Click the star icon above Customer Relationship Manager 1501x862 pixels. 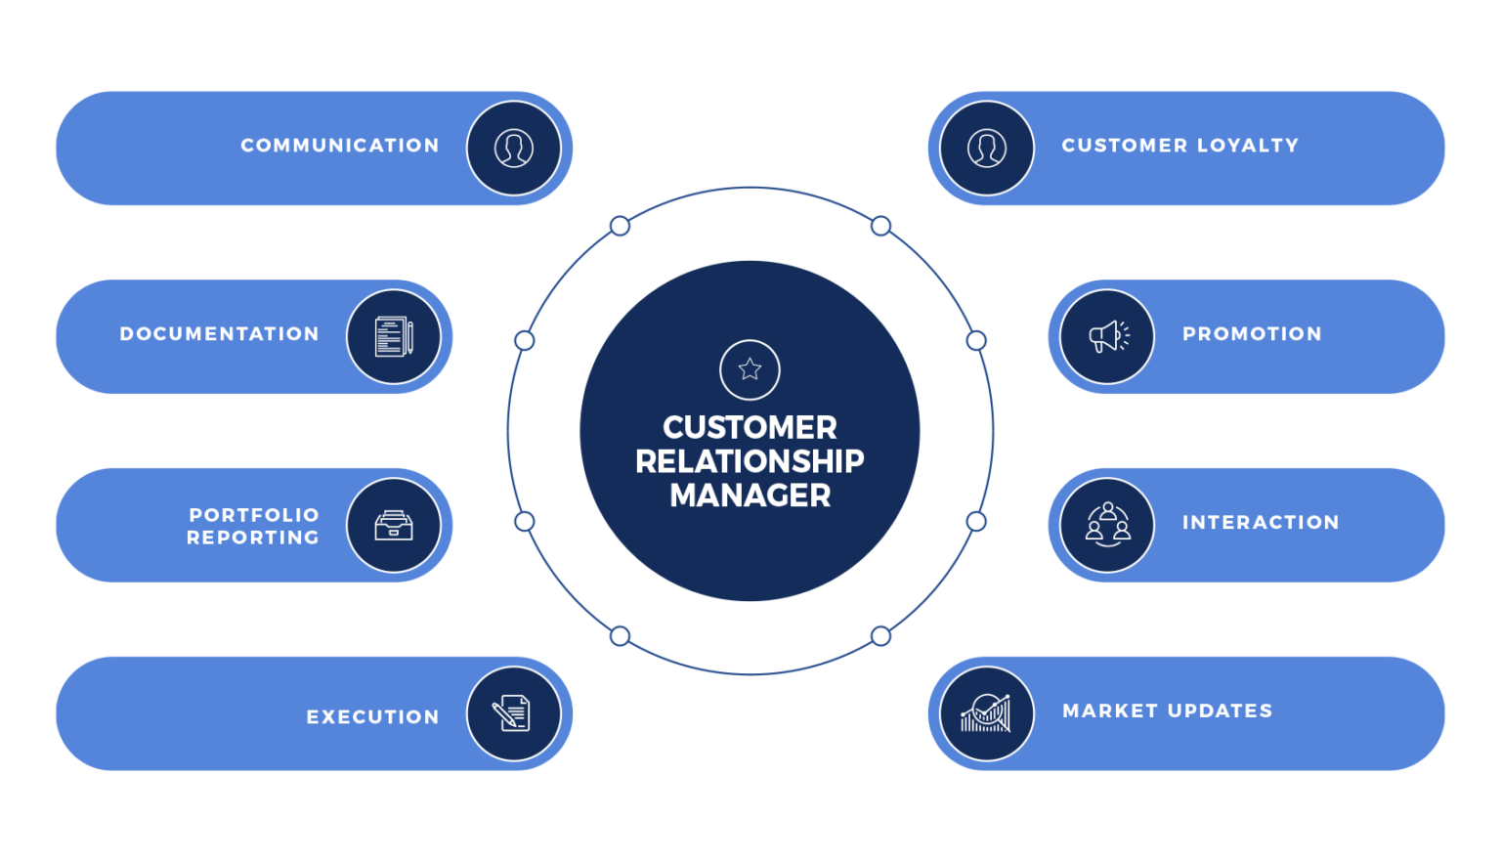(750, 369)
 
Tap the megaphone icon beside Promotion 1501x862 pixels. (1107, 336)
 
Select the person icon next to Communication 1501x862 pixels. (514, 149)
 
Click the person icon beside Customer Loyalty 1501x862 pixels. (987, 149)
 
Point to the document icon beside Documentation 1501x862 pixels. (394, 336)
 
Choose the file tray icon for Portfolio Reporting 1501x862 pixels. (394, 526)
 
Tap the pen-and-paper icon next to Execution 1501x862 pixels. (514, 713)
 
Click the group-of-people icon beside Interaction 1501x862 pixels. (1107, 525)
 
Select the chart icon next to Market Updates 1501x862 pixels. (987, 713)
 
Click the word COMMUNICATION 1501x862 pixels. (340, 146)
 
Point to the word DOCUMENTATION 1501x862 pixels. (219, 334)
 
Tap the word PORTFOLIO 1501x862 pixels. (254, 515)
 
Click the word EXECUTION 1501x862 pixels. (372, 717)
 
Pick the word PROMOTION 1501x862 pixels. (1252, 334)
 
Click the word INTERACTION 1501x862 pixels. (1261, 523)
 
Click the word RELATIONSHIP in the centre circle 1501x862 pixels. (750, 461)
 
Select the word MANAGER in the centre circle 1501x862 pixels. (750, 496)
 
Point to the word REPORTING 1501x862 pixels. (253, 538)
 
